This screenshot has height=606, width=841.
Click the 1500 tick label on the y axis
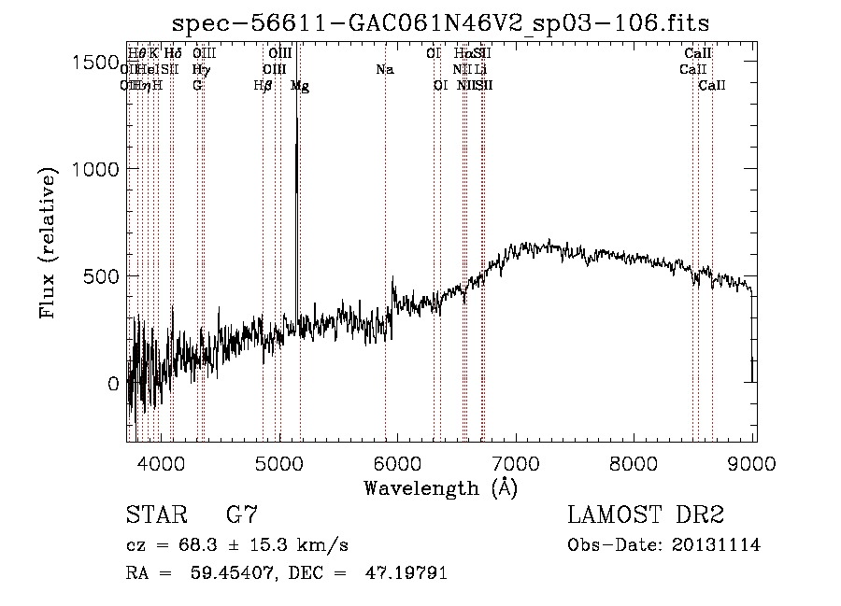coord(94,62)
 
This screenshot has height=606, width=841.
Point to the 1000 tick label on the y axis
coord(94,169)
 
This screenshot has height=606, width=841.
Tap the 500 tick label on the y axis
coord(101,276)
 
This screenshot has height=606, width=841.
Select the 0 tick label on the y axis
coord(114,384)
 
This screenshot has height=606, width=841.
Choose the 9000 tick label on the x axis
coord(753,462)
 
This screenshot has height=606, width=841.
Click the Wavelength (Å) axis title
coord(440,487)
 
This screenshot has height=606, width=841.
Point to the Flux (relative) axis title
coord(48,243)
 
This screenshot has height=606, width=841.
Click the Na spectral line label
coord(385,69)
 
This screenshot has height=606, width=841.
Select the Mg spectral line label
coord(300,86)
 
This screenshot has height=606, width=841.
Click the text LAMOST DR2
coord(645,515)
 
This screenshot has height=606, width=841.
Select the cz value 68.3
coord(210,545)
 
